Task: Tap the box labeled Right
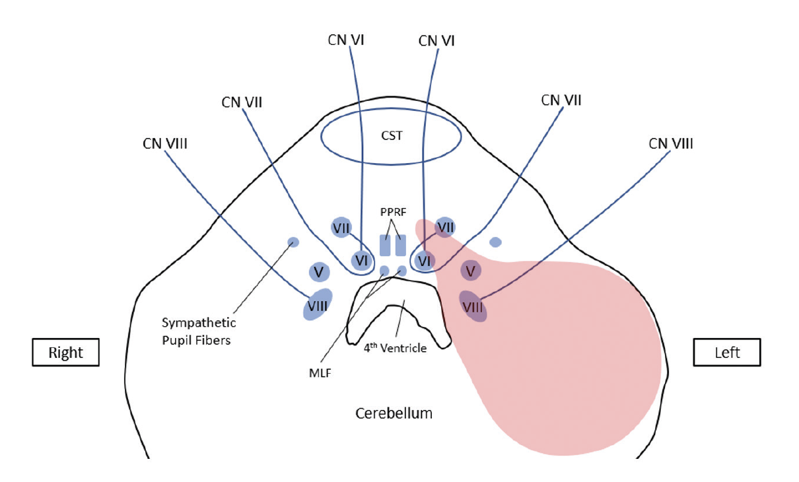66,353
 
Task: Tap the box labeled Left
727,353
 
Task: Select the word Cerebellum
394,414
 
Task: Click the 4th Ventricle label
395,348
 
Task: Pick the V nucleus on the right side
319,271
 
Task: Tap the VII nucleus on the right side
341,228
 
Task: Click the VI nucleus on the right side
361,260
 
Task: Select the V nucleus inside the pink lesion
470,270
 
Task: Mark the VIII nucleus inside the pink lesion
473,307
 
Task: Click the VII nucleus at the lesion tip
446,227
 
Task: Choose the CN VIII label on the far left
165,143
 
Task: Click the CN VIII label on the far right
670,143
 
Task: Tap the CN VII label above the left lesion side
561,100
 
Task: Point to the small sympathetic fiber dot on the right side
293,242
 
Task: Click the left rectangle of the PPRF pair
385,245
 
